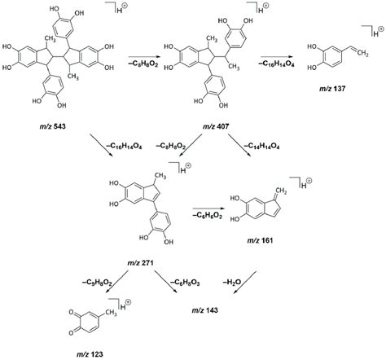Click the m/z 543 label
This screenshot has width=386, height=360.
point(53,126)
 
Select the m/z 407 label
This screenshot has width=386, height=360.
point(216,126)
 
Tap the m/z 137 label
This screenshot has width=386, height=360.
point(332,89)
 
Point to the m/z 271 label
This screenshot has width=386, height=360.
point(140,263)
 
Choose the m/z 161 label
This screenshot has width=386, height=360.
point(260,240)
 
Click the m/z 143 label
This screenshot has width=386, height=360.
point(204,310)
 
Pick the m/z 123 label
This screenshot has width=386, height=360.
point(90,354)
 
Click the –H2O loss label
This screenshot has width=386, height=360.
point(232,283)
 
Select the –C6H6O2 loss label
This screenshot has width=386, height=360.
point(208,216)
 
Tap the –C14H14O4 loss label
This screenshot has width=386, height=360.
point(261,147)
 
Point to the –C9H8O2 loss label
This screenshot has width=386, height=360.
point(97,283)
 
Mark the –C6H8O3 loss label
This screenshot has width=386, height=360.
point(185,283)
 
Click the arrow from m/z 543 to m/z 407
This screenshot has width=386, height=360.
point(143,57)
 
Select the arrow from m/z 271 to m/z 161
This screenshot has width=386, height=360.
point(208,209)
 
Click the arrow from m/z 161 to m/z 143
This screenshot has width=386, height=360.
point(245,283)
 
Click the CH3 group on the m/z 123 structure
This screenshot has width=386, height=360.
point(111,314)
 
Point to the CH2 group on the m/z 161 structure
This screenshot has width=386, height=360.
point(281,191)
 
